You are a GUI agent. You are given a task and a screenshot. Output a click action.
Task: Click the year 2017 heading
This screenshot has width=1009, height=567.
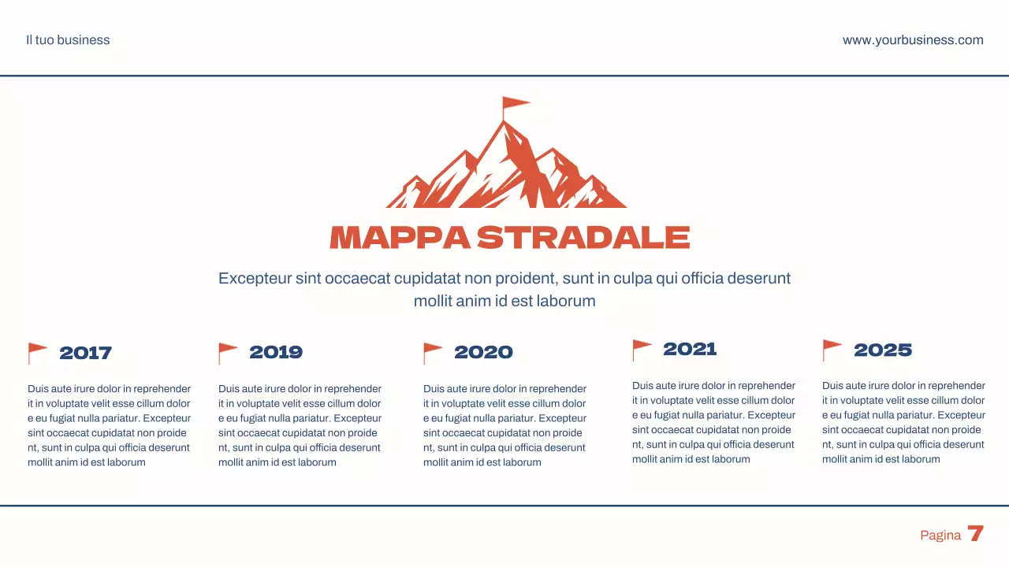point(85,353)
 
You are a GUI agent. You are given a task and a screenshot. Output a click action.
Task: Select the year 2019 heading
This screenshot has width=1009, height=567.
point(276,352)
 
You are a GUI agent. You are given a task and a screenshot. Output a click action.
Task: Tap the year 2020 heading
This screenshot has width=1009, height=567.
point(483,352)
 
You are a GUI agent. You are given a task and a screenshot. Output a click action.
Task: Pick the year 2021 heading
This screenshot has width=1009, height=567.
point(690,349)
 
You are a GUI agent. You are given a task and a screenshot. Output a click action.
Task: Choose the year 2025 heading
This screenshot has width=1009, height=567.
point(883,350)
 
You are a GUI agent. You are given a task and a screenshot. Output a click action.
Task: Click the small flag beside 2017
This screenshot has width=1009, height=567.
point(37,351)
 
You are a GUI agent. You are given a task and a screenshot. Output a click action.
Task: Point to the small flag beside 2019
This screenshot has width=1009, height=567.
point(228,351)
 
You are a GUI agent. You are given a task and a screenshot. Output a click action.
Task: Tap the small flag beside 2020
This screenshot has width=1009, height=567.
point(433,351)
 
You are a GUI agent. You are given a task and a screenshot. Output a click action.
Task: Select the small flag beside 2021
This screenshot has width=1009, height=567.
point(642,348)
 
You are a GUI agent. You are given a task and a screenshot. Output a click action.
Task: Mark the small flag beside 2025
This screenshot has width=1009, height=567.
point(832,348)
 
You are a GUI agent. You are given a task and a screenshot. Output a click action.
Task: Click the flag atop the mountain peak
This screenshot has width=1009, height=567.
point(516,103)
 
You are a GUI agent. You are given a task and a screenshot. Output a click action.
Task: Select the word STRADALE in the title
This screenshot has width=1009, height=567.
point(583,238)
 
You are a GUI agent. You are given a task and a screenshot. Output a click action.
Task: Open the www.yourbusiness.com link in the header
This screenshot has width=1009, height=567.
point(913,40)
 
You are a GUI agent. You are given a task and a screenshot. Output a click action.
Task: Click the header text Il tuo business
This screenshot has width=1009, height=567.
point(68,40)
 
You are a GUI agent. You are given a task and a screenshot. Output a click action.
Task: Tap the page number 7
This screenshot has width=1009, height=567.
point(976,534)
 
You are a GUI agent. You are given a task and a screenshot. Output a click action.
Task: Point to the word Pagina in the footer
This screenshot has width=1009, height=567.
point(940,535)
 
